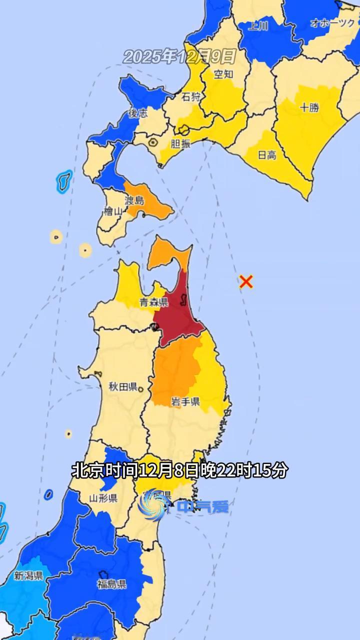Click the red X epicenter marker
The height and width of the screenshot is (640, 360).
tap(245, 281)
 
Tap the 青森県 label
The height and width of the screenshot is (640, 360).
tap(152, 302)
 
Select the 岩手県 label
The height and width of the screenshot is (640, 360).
tap(185, 401)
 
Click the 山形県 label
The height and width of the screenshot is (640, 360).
tap(103, 498)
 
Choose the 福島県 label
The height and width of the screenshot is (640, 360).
tap(112, 584)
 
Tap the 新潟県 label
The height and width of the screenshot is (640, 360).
tap(28, 575)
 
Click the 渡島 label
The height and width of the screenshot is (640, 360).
tap(134, 200)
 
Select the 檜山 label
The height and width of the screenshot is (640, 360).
tap(112, 212)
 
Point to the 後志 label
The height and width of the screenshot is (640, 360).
tap(138, 113)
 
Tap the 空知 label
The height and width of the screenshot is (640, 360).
tap(223, 74)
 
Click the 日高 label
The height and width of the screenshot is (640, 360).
tap(266, 155)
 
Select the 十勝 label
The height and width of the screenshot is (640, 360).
tap(309, 107)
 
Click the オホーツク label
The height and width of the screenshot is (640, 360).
tap(332, 23)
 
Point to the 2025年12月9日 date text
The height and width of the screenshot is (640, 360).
tap(179, 56)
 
